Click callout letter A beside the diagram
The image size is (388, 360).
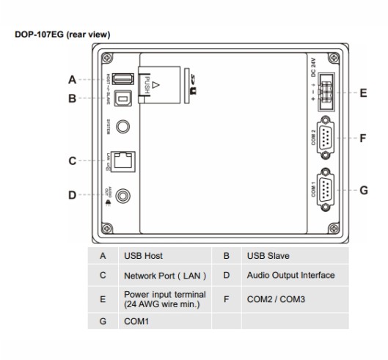(72, 79)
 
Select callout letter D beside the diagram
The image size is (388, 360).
(72, 195)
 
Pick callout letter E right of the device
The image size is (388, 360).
(364, 93)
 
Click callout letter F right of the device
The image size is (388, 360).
(364, 137)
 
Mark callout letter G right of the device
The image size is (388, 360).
(364, 189)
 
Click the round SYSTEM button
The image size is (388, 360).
(129, 127)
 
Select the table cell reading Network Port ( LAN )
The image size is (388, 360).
(164, 276)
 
